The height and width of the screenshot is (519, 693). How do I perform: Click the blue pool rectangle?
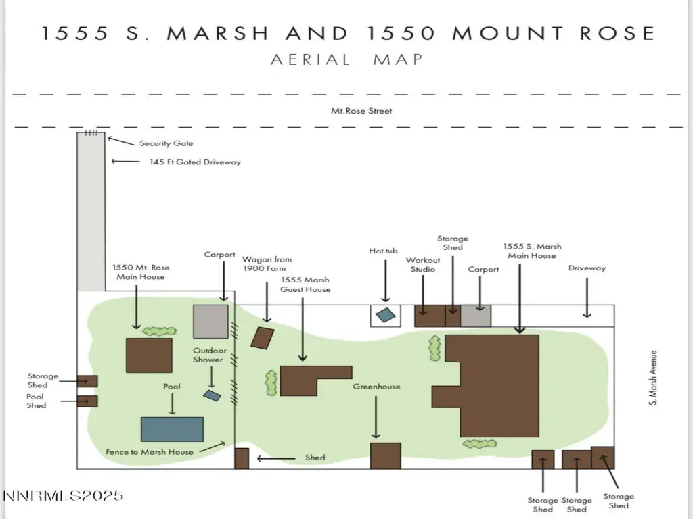click(173, 429)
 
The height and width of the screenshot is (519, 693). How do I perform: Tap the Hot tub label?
click(383, 251)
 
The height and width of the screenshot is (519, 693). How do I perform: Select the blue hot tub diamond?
click(385, 315)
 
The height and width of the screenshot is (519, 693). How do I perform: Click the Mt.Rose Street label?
click(361, 111)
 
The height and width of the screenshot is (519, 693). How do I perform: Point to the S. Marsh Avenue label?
click(653, 378)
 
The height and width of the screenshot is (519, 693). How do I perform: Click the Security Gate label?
click(166, 143)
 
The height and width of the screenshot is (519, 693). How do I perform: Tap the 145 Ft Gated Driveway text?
click(195, 162)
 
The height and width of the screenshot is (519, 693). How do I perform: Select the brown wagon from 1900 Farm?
click(263, 338)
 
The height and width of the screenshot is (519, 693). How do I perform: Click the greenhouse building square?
click(385, 456)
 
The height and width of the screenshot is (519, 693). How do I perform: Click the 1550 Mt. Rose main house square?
click(149, 355)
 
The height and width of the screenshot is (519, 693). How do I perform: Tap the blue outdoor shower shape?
click(212, 395)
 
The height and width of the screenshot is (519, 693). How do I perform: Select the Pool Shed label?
click(37, 401)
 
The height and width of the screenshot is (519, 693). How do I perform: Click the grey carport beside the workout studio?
click(476, 316)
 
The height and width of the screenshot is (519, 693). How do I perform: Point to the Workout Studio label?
click(423, 265)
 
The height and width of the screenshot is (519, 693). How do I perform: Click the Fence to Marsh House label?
click(150, 452)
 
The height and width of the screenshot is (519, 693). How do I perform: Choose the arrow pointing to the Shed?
click(276, 459)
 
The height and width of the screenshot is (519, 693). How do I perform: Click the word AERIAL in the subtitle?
click(310, 59)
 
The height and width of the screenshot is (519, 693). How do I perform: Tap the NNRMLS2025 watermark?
click(63, 496)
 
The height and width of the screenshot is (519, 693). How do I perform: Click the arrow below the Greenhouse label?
click(376, 417)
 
